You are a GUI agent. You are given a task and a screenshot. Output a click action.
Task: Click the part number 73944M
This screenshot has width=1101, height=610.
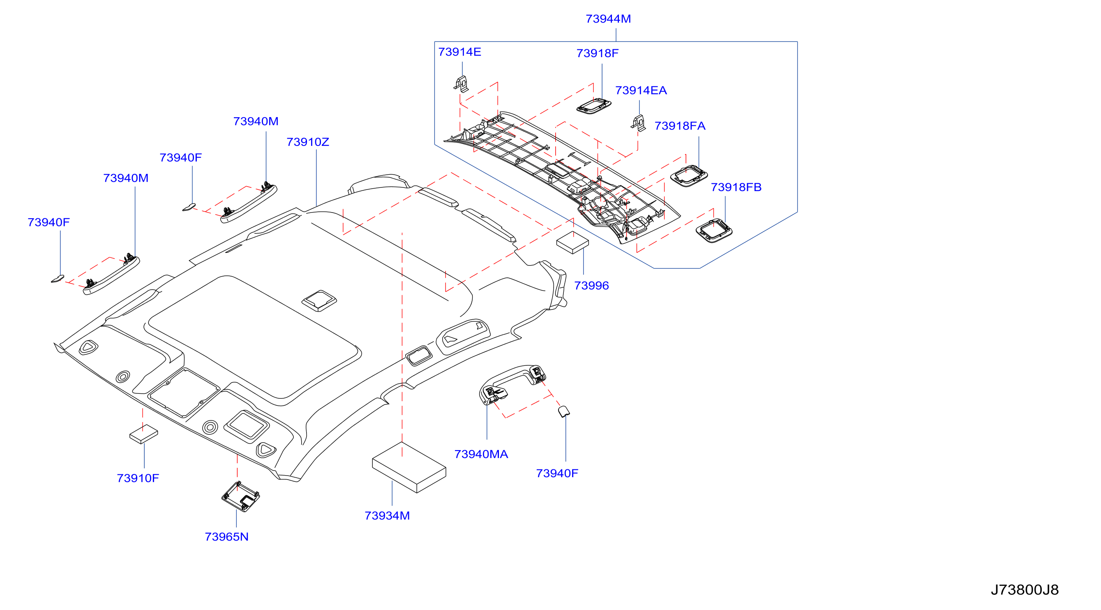point(608,19)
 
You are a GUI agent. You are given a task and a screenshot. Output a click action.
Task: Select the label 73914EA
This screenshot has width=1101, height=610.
point(641,90)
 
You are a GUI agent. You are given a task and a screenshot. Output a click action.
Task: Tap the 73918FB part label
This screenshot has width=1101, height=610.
point(736,187)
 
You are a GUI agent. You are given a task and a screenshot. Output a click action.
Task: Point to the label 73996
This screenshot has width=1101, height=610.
point(591,285)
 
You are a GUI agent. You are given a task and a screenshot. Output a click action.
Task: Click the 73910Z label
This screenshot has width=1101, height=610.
point(308,142)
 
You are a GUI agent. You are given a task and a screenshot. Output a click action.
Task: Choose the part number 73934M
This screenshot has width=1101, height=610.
point(387,515)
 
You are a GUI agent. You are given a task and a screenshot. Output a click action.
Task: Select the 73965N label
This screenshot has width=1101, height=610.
point(226,536)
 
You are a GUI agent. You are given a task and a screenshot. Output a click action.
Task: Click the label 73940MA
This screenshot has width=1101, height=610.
point(481,454)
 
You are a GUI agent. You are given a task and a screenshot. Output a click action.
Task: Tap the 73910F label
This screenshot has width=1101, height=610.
point(138,478)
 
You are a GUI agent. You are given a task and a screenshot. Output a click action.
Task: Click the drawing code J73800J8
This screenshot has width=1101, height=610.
point(1025,590)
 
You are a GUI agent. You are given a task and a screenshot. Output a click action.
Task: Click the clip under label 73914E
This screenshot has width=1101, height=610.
point(461,84)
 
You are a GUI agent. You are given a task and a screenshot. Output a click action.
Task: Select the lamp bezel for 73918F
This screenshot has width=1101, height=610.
point(594,106)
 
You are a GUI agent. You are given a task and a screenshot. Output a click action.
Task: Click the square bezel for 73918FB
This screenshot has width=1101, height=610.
point(714,231)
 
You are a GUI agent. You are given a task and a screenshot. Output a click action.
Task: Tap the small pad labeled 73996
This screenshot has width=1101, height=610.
point(573,243)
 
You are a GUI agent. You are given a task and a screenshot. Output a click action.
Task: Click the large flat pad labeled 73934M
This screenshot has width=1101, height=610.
point(409,467)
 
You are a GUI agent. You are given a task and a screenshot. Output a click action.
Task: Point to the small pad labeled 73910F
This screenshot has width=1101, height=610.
point(143,434)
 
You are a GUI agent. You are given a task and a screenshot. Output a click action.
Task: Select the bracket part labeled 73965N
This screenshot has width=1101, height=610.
point(241,497)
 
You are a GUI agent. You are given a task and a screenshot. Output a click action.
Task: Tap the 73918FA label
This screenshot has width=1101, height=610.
point(680,126)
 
